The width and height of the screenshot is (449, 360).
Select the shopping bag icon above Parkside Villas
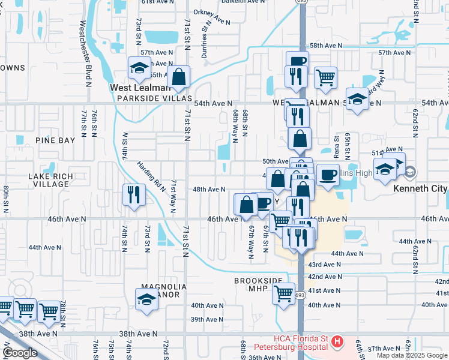(179, 77)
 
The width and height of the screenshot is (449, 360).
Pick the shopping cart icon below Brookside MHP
(283, 294)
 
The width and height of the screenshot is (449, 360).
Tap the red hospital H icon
(337, 342)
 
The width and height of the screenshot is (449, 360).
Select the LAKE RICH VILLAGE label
(51, 180)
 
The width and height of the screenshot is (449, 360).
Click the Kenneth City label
(420, 188)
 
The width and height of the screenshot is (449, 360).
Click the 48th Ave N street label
(208, 190)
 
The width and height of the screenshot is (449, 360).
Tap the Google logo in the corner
(20, 353)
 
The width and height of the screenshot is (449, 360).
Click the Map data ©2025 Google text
(412, 355)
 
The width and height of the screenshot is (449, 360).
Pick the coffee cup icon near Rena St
(328, 175)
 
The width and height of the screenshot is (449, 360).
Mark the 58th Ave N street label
(326, 46)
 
